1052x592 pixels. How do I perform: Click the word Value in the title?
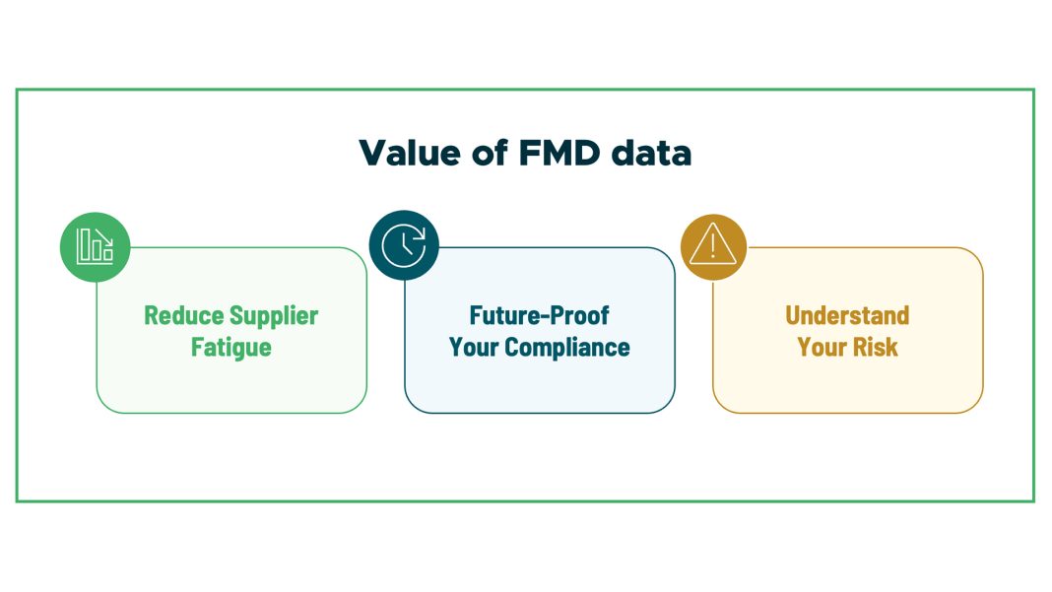click(409, 153)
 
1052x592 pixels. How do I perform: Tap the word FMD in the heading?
click(559, 153)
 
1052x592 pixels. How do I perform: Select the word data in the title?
click(651, 153)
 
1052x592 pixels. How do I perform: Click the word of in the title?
click(490, 153)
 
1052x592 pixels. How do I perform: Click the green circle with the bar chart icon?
click(96, 246)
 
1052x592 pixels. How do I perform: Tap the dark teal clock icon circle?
click(404, 245)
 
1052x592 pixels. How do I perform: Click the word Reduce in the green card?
click(184, 315)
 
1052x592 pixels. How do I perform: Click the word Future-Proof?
click(540, 315)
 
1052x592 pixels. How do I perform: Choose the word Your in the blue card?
click(474, 348)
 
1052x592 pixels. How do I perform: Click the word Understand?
click(847, 315)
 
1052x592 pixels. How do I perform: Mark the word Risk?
click(875, 348)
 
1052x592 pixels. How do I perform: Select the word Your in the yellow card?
click(822, 348)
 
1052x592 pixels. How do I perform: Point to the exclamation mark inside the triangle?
click(713, 246)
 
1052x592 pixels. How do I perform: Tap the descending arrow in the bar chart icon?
click(104, 238)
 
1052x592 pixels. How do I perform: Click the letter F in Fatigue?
click(197, 348)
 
